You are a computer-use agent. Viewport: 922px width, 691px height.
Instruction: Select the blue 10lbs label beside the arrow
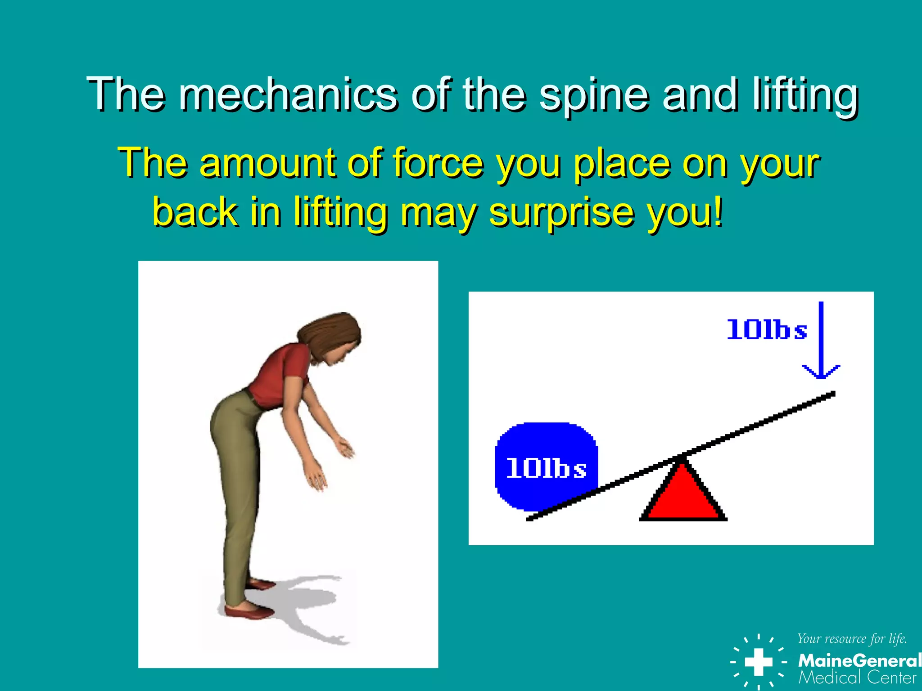point(767,330)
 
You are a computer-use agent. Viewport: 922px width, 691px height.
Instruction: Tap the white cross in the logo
point(759,661)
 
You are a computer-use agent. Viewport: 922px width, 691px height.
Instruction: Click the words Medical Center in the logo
point(857,678)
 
